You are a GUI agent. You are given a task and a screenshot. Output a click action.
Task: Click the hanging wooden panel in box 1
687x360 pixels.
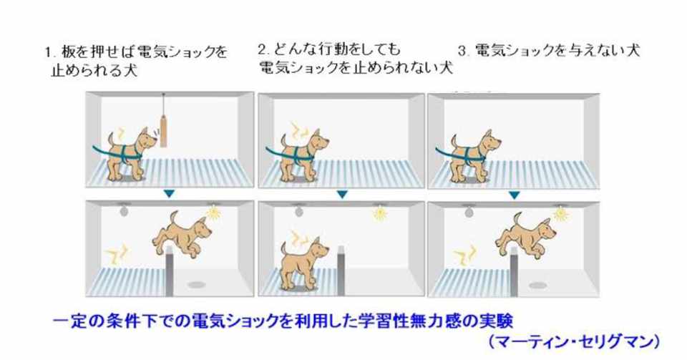pos(163,130)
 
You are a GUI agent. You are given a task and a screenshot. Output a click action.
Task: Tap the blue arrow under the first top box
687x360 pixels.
pos(169,193)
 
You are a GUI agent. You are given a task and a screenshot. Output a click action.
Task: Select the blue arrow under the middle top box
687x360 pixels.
pos(342,194)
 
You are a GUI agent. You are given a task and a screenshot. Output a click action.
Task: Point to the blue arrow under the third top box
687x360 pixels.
pos(515,195)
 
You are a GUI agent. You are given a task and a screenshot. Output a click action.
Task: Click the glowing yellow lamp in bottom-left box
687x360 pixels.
pos(213,212)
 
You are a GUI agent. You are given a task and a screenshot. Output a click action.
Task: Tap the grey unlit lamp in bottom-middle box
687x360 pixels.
pos(299,212)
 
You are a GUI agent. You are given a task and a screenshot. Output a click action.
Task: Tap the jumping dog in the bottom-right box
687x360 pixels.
pos(525,236)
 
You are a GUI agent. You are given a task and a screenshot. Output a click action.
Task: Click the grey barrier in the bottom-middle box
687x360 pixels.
pos(341,271)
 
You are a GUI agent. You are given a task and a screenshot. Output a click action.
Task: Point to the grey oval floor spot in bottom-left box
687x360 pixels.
pos(196,285)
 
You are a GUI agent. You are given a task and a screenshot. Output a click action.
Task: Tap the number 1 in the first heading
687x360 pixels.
pos(48,52)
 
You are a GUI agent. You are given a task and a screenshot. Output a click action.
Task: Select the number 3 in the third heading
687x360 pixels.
pos(462,52)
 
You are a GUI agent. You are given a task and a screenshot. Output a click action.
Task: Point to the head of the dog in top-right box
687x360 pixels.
pos(490,140)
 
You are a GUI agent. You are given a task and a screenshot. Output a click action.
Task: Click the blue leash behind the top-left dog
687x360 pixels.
pos(102,152)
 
